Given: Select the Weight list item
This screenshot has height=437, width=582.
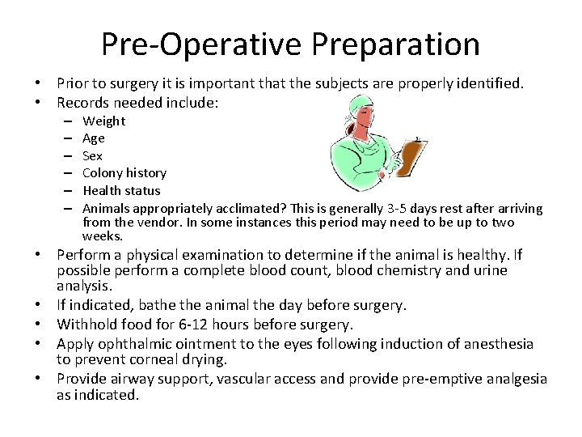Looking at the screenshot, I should pos(104,121).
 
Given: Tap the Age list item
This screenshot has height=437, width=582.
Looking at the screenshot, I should pos(94,138).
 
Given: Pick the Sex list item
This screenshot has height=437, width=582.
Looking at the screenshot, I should pos(93,155).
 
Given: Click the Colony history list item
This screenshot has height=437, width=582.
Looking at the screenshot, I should pos(124,172).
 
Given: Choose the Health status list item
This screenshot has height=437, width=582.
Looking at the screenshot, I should pos(121,190).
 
